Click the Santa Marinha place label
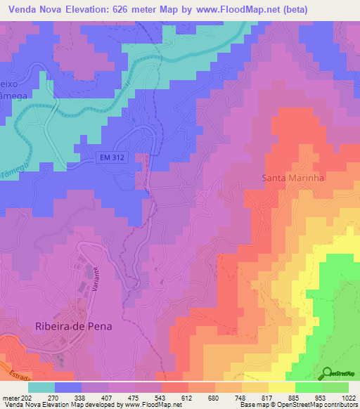tap(293, 178)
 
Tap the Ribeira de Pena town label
tap(74, 326)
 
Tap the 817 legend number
tap(269, 397)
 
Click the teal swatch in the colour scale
tap(41, 387)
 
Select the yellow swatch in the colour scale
tap(282, 387)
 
